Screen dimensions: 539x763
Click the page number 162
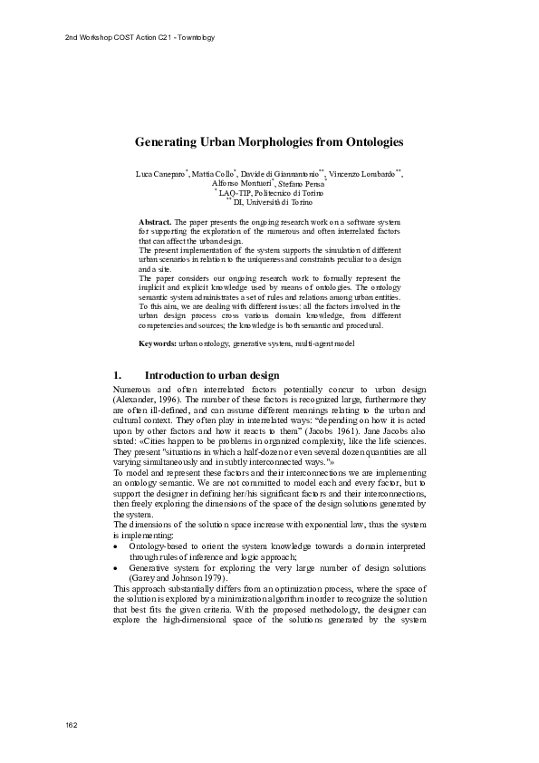point(72,726)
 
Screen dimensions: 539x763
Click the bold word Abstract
point(154,221)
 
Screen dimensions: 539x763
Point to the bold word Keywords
point(157,344)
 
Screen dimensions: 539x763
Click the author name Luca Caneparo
point(159,173)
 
